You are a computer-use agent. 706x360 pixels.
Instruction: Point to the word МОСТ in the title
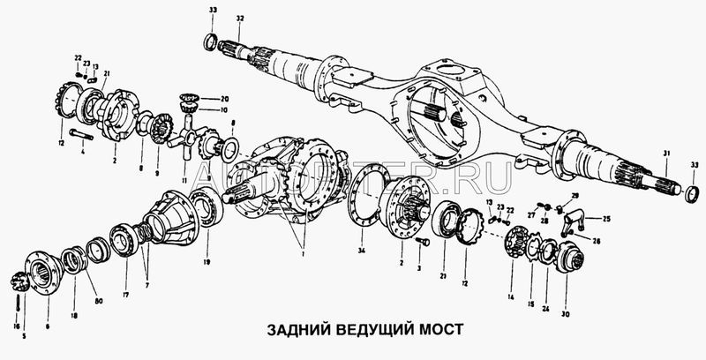pyautogui.click(x=441, y=332)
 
